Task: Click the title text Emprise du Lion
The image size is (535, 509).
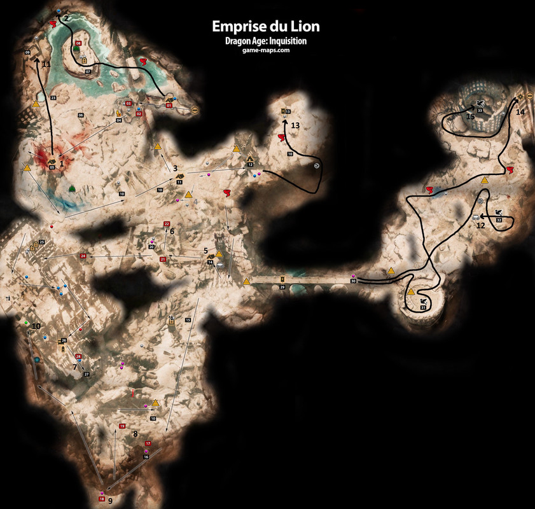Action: tap(266, 27)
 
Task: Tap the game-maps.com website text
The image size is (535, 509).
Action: tap(266, 50)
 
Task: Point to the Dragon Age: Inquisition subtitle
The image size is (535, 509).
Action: tap(266, 41)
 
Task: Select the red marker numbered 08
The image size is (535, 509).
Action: tap(78, 43)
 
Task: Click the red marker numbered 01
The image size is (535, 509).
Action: tap(169, 105)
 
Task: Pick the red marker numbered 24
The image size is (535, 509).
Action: tap(83, 256)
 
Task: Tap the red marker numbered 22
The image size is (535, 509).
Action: tap(167, 224)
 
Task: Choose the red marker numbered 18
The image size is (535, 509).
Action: tap(102, 499)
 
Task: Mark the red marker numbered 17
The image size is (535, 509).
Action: tap(148, 443)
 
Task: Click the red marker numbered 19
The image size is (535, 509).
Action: tap(122, 426)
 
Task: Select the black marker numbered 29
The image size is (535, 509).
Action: tap(282, 288)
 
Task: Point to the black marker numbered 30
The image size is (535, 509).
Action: tap(354, 281)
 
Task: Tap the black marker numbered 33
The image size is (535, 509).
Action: tap(480, 111)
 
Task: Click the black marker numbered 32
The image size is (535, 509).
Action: tap(499, 220)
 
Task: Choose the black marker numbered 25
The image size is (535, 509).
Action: tap(42, 242)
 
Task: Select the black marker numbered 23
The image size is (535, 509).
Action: tap(53, 97)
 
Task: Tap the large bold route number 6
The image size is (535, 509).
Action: tap(172, 232)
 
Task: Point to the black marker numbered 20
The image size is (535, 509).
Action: tap(152, 246)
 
